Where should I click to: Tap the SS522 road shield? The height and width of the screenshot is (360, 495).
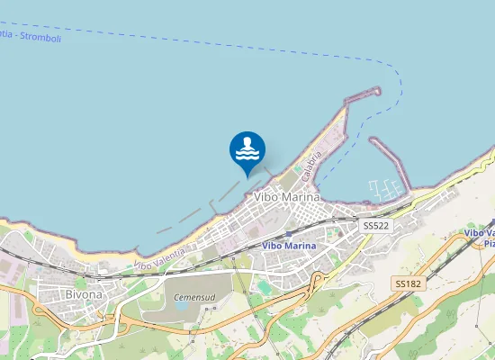pos(375,226)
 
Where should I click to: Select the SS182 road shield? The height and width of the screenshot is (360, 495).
pos(408,283)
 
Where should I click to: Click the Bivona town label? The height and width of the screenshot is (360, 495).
pos(84,294)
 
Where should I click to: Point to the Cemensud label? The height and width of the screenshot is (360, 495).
pos(191,295)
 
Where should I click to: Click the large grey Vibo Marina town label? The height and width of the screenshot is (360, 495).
pos(287,197)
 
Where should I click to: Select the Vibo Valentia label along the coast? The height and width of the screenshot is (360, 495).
pos(159,257)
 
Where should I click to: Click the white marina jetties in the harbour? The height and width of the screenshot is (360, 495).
pos(385,189)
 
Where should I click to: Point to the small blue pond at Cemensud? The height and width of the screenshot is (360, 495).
pos(181,306)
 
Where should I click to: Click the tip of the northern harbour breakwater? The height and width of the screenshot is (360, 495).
pos(376,90)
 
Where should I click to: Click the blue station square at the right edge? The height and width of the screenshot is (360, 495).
pos(446,236)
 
